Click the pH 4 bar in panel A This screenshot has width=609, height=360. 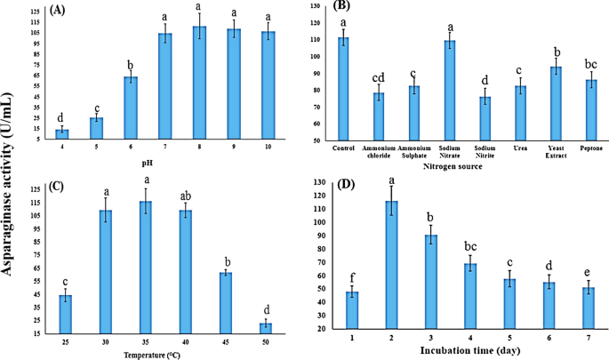[x=62, y=133]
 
